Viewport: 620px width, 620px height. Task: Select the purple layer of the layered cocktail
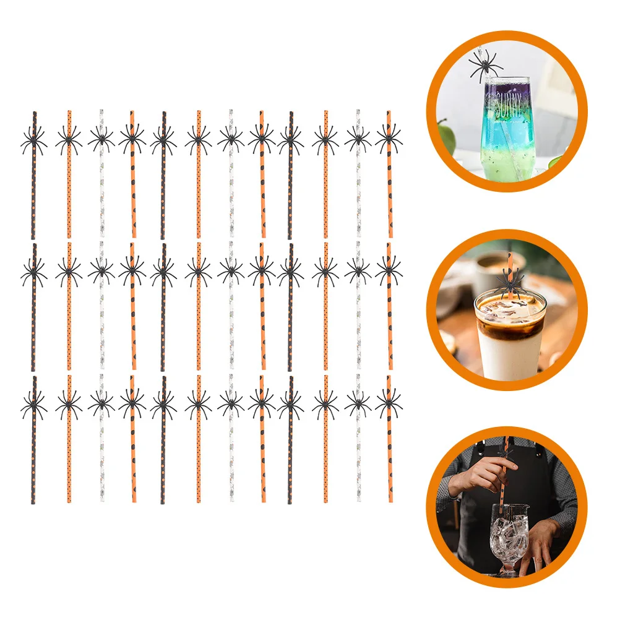508,96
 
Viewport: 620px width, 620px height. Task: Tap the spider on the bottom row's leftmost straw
33,402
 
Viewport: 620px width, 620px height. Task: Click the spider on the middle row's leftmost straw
33,270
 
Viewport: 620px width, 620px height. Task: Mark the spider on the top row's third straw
101,139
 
